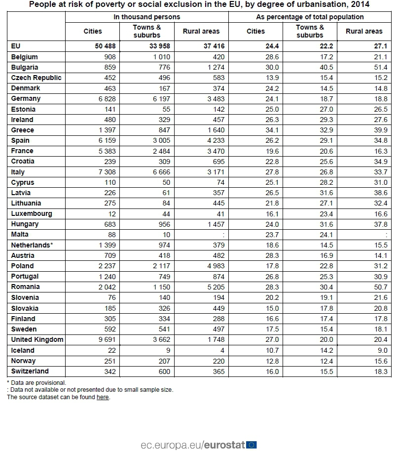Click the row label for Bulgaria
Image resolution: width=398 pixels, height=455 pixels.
[25, 67]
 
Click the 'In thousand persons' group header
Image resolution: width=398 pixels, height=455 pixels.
[147, 17]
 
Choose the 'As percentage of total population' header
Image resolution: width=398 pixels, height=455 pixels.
[310, 17]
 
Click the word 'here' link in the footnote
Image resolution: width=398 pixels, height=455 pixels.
[103, 397]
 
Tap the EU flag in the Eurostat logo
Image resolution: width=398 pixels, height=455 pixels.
[252, 445]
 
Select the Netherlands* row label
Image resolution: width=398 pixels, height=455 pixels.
[32, 245]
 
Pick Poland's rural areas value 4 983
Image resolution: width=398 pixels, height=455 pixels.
[216, 266]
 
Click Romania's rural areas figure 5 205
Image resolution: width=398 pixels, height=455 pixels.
[216, 287]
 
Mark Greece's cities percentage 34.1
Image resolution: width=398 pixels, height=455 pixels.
[271, 130]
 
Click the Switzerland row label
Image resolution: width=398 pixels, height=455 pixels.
[30, 371]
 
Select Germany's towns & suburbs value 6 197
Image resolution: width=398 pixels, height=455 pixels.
[160, 98]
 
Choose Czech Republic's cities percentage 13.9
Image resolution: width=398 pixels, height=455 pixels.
[271, 78]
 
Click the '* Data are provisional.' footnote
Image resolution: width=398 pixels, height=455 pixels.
[36, 382]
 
